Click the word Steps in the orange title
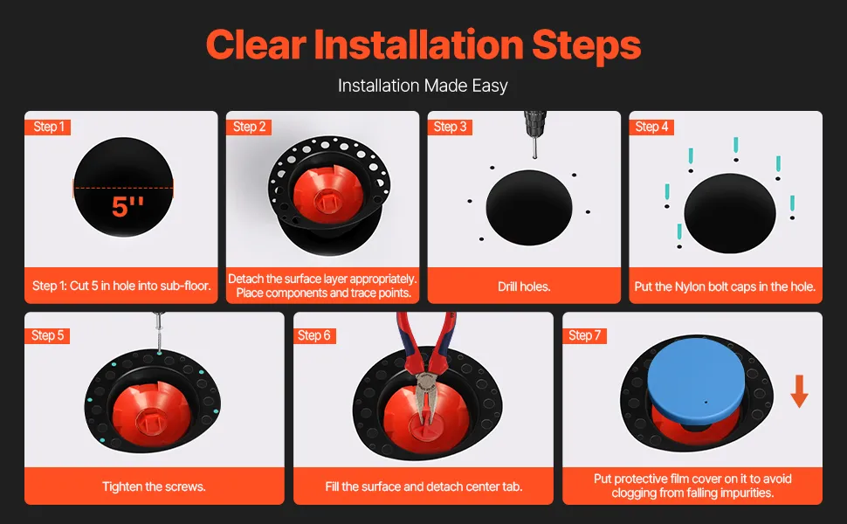tap(586, 46)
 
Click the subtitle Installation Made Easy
tap(423, 86)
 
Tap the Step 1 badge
tap(47, 127)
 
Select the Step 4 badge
tap(651, 127)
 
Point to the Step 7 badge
tap(584, 335)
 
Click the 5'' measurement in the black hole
tap(127, 207)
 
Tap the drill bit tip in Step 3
tap(534, 156)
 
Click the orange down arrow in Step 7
tap(799, 391)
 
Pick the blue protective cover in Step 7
tap(696, 385)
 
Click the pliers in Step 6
tap(427, 368)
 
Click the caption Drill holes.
tap(524, 286)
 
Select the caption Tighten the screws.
tap(154, 486)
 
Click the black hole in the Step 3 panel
tap(529, 208)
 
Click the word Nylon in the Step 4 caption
tap(691, 286)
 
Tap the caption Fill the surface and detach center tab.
tap(423, 486)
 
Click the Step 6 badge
tap(314, 335)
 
